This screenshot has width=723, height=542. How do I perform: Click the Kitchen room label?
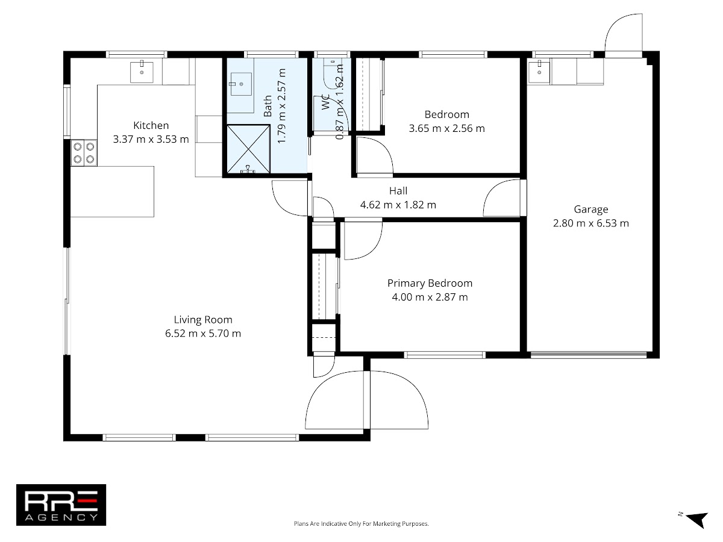pyautogui.click(x=151, y=125)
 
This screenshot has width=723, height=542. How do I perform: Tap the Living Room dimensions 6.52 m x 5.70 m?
pyautogui.click(x=203, y=334)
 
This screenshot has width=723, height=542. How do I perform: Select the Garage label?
pyautogui.click(x=591, y=210)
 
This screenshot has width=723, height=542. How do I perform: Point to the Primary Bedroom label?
pyautogui.click(x=430, y=283)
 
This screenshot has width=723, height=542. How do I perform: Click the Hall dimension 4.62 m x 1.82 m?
pyautogui.click(x=398, y=205)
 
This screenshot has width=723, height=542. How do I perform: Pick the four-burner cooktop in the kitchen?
pyautogui.click(x=84, y=153)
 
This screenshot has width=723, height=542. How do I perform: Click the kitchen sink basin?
pyautogui.click(x=142, y=72)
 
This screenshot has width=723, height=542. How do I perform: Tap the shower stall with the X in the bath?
pyautogui.click(x=248, y=149)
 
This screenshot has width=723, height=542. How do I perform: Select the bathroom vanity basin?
pyautogui.click(x=241, y=84)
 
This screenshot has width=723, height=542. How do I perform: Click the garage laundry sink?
pyautogui.click(x=539, y=72)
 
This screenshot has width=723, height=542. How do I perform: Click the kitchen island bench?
pyautogui.click(x=112, y=192)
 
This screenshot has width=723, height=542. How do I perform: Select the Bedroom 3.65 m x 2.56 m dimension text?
pyautogui.click(x=446, y=128)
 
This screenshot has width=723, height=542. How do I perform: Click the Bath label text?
pyautogui.click(x=268, y=106)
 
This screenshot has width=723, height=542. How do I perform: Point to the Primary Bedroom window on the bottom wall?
pyautogui.click(x=445, y=355)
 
